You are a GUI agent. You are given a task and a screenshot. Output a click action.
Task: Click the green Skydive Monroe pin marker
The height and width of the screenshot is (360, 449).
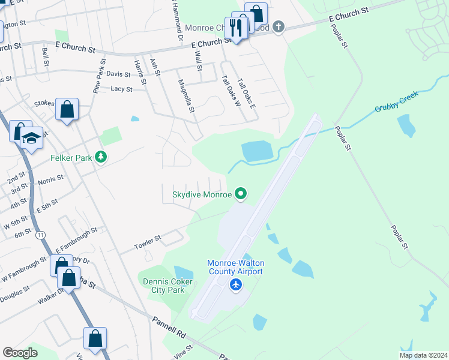pyautogui.click(x=241, y=194)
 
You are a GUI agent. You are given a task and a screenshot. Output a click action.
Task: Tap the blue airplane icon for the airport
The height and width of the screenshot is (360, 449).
pyautogui.click(x=235, y=284)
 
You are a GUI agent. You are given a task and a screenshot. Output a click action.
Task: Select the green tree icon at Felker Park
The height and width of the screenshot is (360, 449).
pyautogui.click(x=101, y=158)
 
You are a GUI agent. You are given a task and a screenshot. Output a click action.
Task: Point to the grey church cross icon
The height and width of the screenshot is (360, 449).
pyautogui.click(x=277, y=26)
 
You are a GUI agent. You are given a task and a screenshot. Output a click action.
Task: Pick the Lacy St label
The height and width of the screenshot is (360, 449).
pyautogui.click(x=121, y=89)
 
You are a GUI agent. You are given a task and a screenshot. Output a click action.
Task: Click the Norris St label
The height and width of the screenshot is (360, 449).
pyautogui.click(x=51, y=179)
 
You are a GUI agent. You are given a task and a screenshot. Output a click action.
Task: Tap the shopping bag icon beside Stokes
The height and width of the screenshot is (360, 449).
pyautogui.click(x=67, y=110)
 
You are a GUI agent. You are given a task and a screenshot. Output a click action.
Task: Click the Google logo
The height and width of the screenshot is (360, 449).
pyautogui.click(x=20, y=353)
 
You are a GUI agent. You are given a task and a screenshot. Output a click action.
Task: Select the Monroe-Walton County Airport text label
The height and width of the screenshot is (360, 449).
pyautogui.click(x=235, y=268)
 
